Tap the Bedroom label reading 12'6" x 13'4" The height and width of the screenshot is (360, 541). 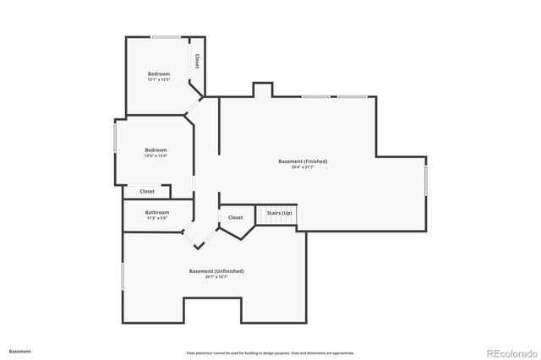coord(156,150)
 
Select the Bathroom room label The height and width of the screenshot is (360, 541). coord(157,212)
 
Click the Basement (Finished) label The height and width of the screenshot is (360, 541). coord(303,161)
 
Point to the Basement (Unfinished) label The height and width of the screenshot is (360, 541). coord(216,271)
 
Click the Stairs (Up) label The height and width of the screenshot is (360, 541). coord(280,213)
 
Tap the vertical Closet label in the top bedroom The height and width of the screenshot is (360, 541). coord(197,62)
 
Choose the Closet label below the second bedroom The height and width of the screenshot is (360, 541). coord(147,192)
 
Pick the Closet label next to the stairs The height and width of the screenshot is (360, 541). coord(235,217)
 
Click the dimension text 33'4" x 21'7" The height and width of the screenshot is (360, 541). coord(303,167)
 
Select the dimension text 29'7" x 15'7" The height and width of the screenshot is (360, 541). coord(216,277)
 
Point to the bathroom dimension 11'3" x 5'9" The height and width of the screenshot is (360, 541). coord(157,218)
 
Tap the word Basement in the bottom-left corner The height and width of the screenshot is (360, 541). coord(20,351)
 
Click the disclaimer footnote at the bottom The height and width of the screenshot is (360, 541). coord(270,352)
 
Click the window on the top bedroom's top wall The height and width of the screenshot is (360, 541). coord(165,36)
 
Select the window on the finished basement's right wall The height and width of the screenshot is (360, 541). coord(426,179)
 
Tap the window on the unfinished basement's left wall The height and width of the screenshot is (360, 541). coord(123,276)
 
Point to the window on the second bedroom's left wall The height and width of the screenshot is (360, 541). coord(116,139)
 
